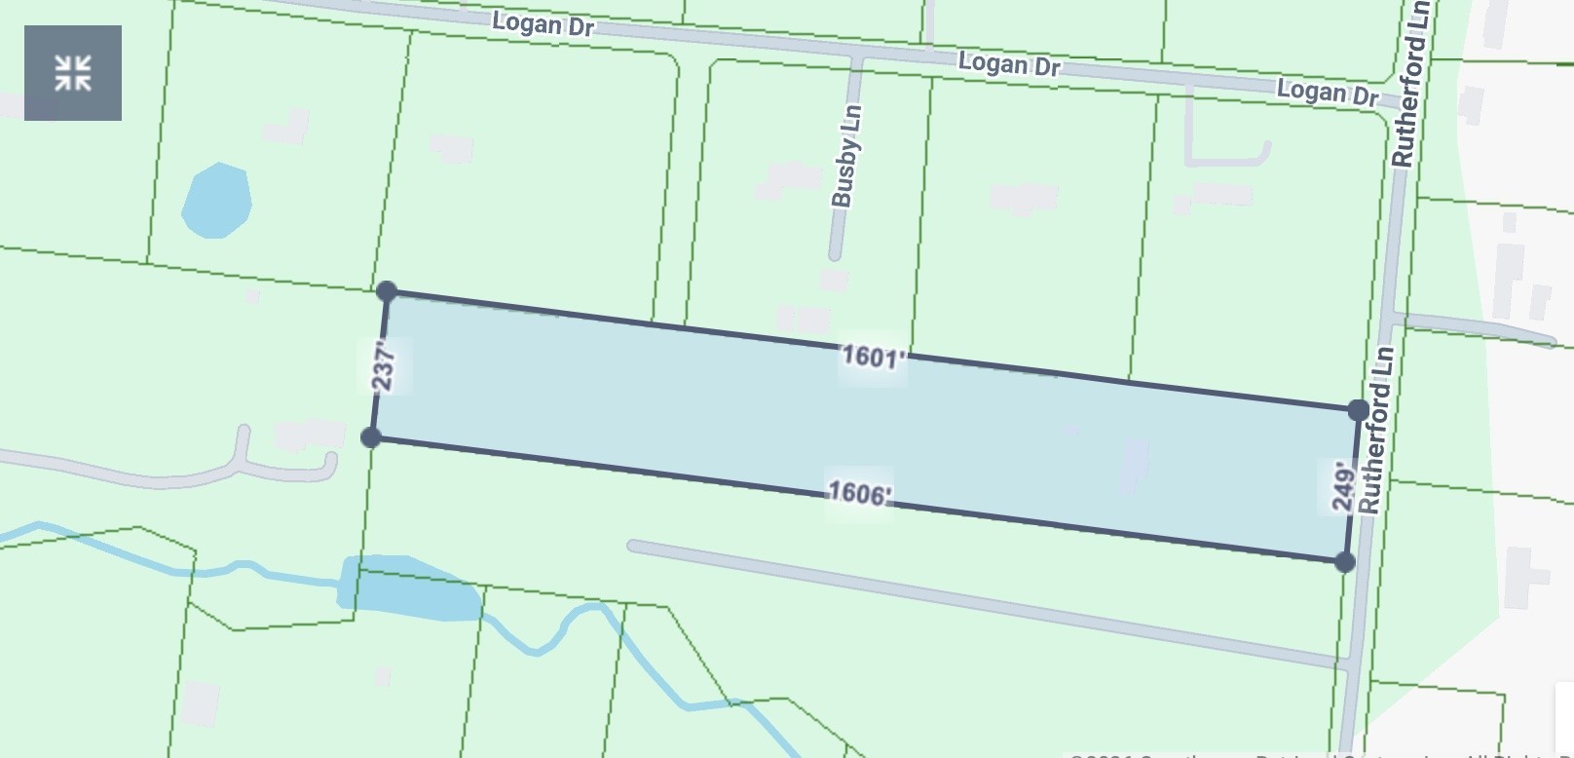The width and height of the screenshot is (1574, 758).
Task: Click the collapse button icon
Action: (x=73, y=73)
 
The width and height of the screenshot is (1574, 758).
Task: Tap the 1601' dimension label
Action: (x=873, y=357)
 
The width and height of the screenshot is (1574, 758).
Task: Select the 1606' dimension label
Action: (x=858, y=493)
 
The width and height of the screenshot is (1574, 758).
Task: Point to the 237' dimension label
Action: (x=386, y=365)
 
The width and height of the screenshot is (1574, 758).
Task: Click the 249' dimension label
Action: (x=1343, y=486)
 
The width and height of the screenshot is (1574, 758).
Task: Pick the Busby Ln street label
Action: (x=845, y=156)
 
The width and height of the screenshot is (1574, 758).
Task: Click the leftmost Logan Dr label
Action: (x=543, y=23)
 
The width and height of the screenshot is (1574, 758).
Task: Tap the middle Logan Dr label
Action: (x=1008, y=65)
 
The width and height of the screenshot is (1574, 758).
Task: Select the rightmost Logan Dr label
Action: (x=1327, y=94)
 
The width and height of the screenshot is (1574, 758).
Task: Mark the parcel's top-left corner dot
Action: (x=387, y=291)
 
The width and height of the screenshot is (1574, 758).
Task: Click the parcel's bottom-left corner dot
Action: (x=371, y=437)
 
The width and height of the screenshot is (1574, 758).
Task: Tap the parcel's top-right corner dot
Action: (x=1358, y=411)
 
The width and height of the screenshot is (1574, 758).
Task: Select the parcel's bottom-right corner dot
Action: (x=1345, y=562)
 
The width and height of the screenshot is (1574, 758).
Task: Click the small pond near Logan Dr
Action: (x=216, y=201)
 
